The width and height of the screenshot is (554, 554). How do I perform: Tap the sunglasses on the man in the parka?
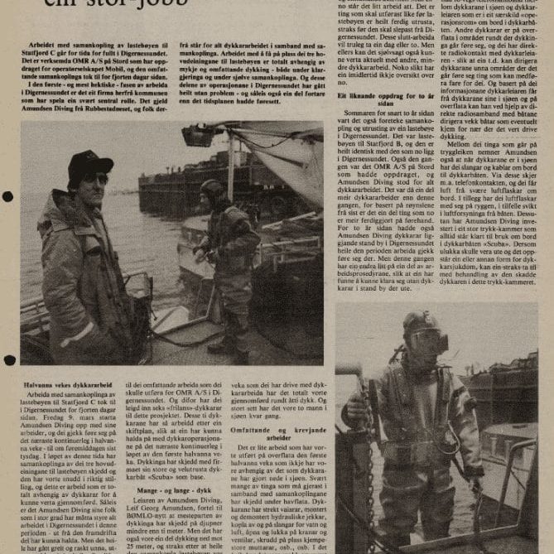94,178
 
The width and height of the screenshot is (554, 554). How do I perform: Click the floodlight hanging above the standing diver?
200,133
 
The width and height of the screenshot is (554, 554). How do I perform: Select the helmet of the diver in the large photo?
213,190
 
